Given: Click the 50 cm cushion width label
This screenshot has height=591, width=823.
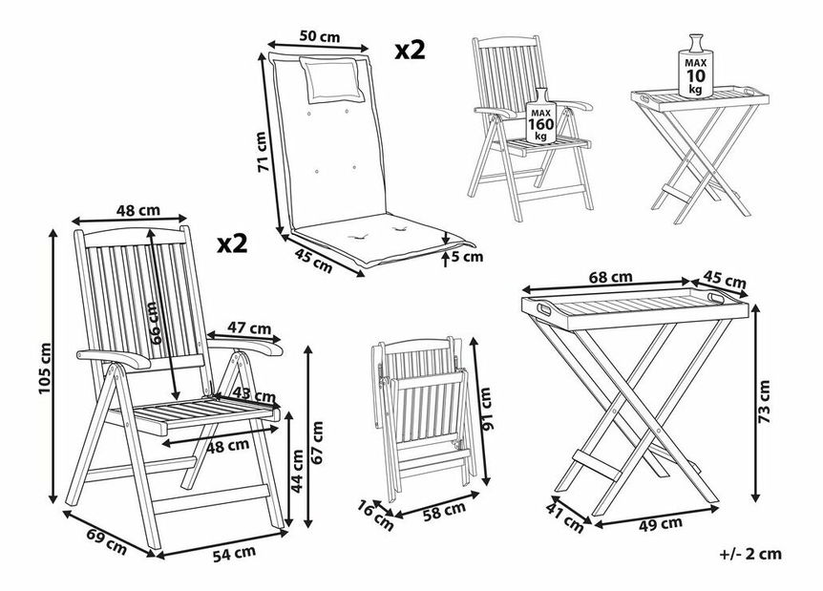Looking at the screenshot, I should pos(319,36).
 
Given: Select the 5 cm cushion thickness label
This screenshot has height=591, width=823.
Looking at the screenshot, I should pos(468,255).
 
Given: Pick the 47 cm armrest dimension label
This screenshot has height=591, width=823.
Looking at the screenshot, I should pos(250,328).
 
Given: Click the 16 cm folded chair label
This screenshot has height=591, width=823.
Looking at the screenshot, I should pos(377,516).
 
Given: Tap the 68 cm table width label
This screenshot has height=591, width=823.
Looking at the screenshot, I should pos(611,277).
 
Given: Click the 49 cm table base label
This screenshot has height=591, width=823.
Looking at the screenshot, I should pos(658,522).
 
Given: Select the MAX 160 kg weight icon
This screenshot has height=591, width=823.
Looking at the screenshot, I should pos(541,116).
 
